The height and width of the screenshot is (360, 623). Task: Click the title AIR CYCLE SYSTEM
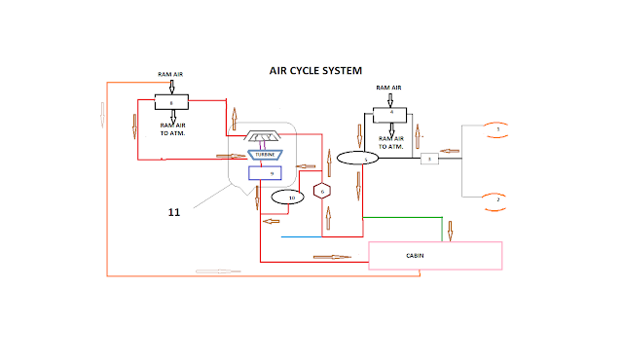[315, 71]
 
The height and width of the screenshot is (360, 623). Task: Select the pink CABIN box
[435, 255]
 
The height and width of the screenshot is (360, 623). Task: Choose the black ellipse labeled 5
[356, 158]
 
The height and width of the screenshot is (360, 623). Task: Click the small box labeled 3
[429, 158]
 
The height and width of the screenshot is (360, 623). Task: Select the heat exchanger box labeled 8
[171, 101]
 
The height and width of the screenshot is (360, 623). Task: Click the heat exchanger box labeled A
[391, 112]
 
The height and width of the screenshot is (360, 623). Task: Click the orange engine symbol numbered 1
[497, 128]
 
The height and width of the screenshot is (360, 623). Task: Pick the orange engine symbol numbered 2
[497, 198]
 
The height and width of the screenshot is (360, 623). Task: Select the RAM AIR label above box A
[390, 88]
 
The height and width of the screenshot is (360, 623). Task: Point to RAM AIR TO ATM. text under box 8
[171, 129]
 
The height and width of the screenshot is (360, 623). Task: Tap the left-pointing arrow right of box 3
[451, 151]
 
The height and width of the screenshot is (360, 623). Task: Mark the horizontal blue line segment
[321, 236]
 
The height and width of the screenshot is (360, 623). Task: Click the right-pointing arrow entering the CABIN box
[331, 257]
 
